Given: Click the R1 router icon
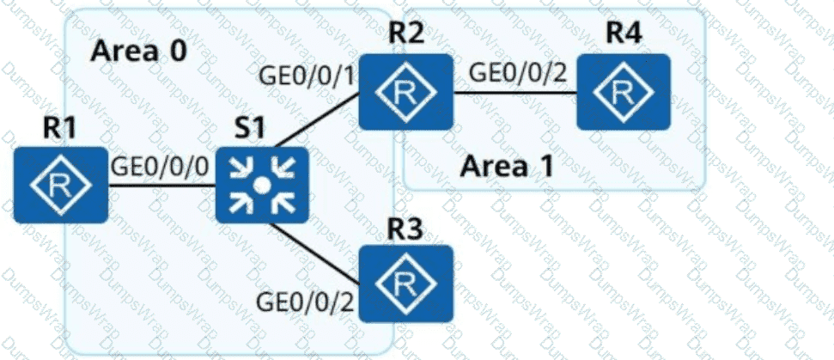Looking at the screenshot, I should click(60, 184).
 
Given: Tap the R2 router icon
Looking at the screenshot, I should click(405, 92).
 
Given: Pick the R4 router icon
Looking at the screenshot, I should click(623, 92).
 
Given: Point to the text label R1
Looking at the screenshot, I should click(61, 129).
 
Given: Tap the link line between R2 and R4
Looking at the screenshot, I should click(514, 92).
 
